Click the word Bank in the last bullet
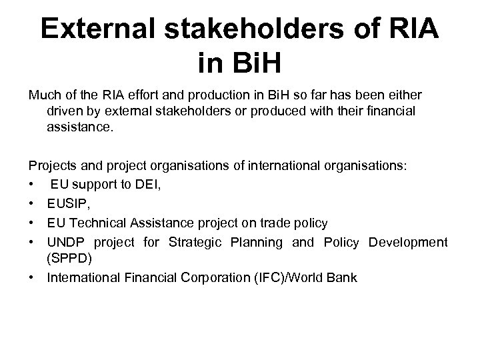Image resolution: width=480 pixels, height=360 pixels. (x=343, y=277)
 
